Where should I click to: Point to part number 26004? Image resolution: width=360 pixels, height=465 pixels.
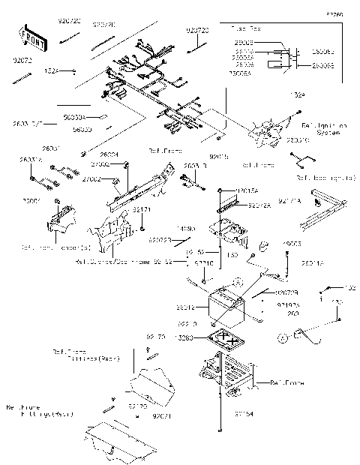point(110,154)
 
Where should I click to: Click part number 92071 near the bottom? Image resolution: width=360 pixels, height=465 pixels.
point(163,414)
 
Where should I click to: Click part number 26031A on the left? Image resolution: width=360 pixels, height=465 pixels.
point(31,160)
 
